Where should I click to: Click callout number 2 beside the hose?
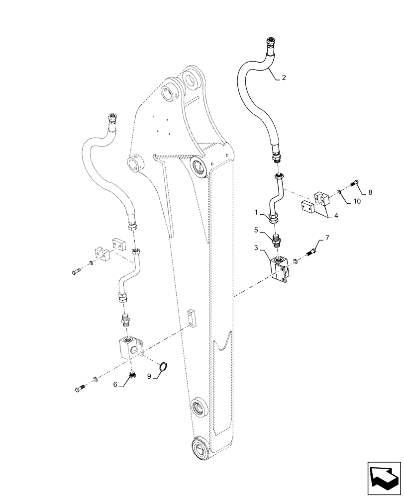click(x=284, y=78)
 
